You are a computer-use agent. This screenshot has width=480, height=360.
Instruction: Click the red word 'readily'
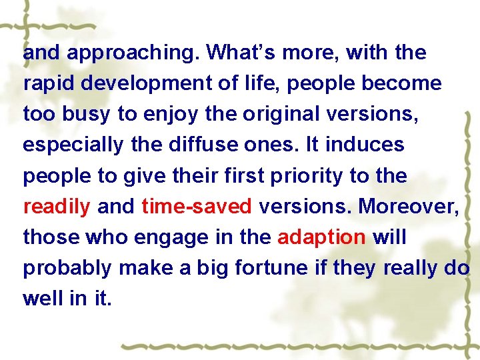click(57, 207)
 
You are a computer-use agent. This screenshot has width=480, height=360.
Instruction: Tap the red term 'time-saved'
click(197, 207)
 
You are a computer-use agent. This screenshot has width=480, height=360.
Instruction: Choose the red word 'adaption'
click(321, 237)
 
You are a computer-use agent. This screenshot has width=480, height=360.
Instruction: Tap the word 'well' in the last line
click(41, 298)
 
